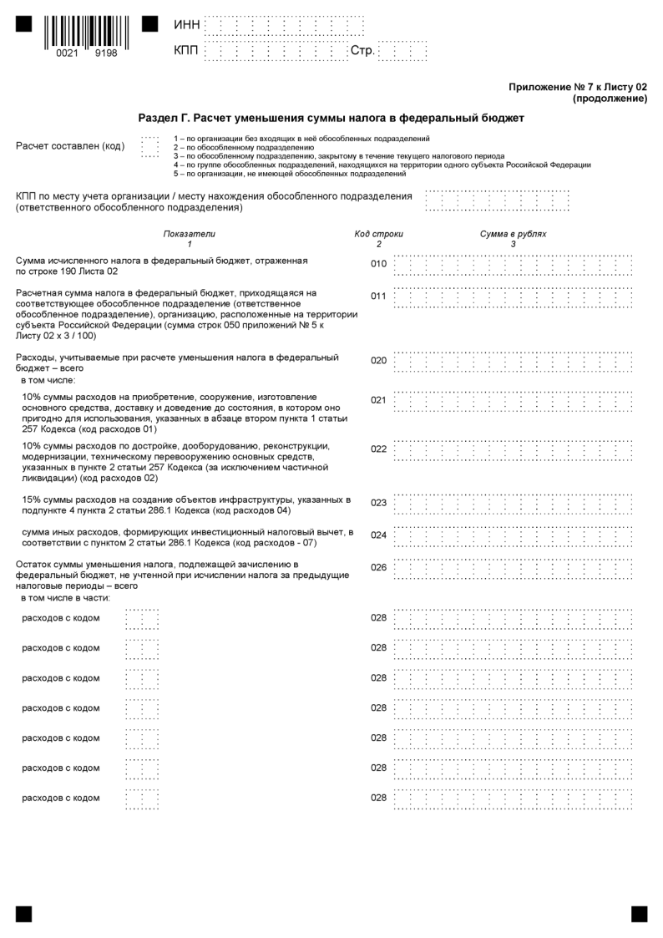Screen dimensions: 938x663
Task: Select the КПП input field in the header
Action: [x=275, y=52]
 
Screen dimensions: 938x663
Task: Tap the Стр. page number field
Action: [x=402, y=52]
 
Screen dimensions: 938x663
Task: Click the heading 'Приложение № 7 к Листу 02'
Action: [x=577, y=87]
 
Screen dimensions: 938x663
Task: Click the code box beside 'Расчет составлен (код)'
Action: [x=149, y=146]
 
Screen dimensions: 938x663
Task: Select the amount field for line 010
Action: [x=513, y=265]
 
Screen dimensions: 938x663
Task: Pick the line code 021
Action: [x=378, y=400]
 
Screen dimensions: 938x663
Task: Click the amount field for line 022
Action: [x=513, y=449]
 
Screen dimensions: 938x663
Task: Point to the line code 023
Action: [x=378, y=503]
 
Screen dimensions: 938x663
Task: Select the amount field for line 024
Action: [x=513, y=535]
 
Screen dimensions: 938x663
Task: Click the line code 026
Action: [x=378, y=568]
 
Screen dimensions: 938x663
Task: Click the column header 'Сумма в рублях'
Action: [x=513, y=234]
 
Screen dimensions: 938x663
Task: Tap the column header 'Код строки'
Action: [x=378, y=234]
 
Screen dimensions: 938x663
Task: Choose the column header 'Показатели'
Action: [x=189, y=234]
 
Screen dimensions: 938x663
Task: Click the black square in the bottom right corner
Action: [x=639, y=914]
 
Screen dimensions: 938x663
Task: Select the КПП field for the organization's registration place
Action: [x=498, y=201]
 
